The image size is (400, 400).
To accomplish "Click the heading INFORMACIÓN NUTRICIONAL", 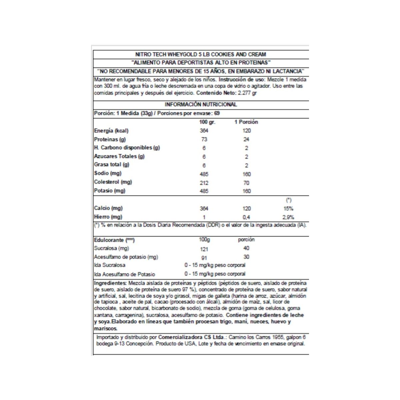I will pyautogui.click(x=201, y=104).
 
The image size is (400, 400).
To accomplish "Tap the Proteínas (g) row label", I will pyautogui.click(x=110, y=139).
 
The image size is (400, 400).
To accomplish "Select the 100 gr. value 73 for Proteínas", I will pyautogui.click(x=204, y=139).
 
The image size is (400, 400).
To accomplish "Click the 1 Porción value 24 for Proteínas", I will pyautogui.click(x=246, y=139).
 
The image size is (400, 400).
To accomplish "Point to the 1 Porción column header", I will pyautogui.click(x=246, y=122).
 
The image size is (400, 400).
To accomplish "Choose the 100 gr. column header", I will pyautogui.click(x=207, y=122).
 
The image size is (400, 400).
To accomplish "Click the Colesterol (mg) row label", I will pyautogui.click(x=113, y=182).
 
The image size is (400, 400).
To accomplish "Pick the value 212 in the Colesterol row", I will pyautogui.click(x=204, y=183).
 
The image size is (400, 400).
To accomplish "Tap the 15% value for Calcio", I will pyautogui.click(x=288, y=209).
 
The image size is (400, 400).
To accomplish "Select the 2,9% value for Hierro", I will pyautogui.click(x=288, y=217).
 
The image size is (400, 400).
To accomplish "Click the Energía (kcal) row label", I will pyautogui.click(x=111, y=131).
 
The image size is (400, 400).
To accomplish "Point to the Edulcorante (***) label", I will pyautogui.click(x=114, y=240).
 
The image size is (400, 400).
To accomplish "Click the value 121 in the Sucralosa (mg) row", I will pyautogui.click(x=204, y=249).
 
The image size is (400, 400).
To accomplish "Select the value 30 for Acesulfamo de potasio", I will pyautogui.click(x=246, y=257).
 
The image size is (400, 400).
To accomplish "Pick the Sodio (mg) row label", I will pyautogui.click(x=108, y=173).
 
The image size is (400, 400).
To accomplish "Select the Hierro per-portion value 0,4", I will pyautogui.click(x=246, y=217).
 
